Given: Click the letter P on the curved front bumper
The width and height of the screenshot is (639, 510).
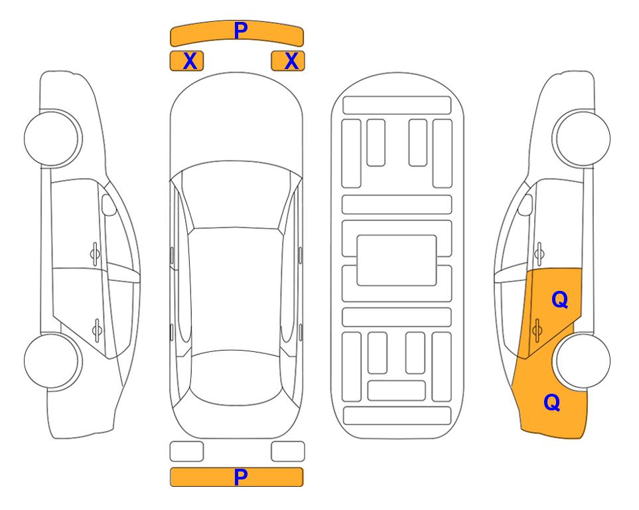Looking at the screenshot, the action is pos(241,31).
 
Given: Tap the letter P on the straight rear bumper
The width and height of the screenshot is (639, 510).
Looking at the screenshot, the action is pos(241,477).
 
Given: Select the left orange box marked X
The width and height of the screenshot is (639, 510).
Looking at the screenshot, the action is pos(186,61).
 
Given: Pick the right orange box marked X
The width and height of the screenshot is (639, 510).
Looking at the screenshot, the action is pos(288,61).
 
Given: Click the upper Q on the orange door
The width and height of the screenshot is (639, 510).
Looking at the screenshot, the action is pos(559,300).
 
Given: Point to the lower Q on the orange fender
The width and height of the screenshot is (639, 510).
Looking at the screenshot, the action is pos(552,402).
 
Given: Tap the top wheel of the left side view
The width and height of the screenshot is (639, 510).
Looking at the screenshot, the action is pos(52,138).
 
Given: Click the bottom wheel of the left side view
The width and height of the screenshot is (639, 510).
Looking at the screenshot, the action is pos(52,361).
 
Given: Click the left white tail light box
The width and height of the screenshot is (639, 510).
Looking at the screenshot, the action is pos(186,452).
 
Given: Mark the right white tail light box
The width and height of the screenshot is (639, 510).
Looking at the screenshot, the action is pos(288,452).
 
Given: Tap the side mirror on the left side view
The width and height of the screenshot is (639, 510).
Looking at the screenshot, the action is pos(108,205).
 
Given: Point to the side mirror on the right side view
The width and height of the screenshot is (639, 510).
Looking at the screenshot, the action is pos(526,205).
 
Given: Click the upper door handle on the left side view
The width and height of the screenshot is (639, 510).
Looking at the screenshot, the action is pos(95,254).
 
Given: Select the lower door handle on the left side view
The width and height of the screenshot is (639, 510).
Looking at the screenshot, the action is pos(97,329).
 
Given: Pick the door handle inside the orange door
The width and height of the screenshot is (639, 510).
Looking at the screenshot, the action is pos(537,329).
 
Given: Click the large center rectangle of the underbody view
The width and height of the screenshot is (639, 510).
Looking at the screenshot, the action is pos(397,260).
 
